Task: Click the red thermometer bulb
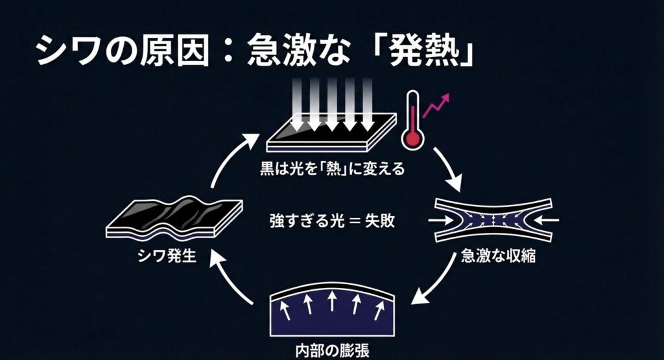(x=410, y=138)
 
